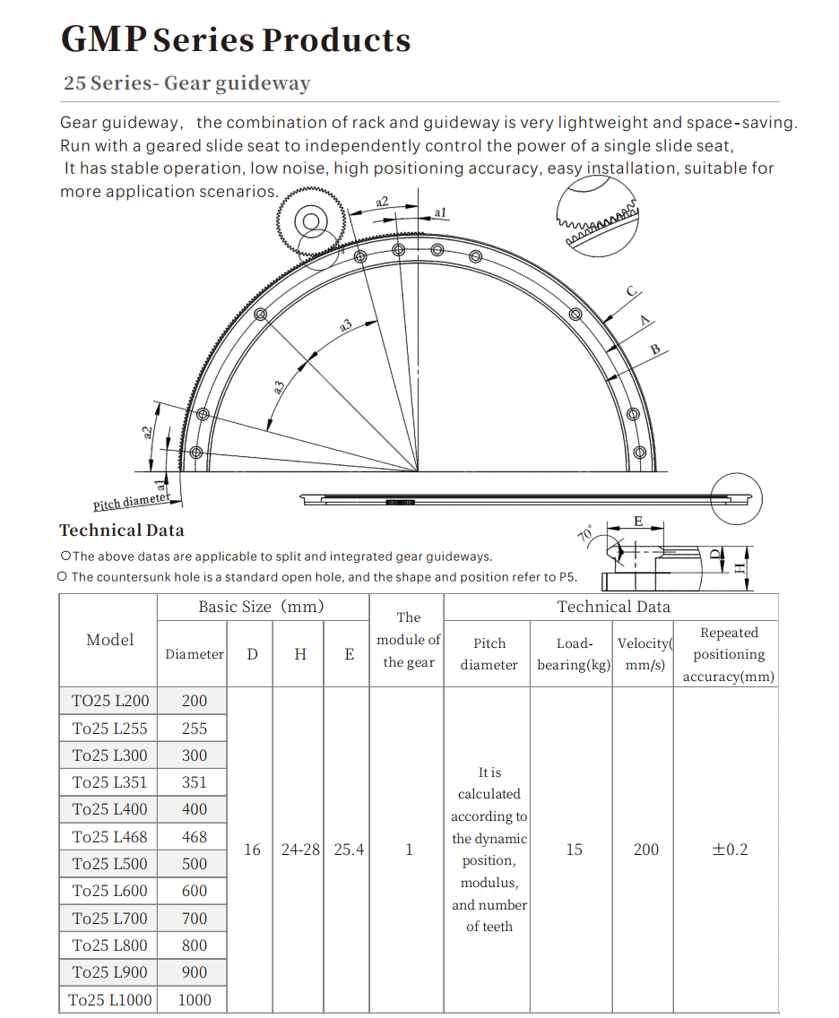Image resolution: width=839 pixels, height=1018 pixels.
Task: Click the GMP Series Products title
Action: click(x=236, y=40)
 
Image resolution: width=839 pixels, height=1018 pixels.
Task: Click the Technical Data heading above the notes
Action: click(x=122, y=531)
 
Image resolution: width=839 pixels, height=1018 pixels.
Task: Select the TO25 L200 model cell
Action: click(x=110, y=701)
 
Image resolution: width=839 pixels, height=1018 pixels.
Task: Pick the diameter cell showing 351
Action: click(x=195, y=782)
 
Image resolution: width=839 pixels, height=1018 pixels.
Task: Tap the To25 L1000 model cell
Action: click(x=110, y=999)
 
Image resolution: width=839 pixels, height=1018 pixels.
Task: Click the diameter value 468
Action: click(x=195, y=837)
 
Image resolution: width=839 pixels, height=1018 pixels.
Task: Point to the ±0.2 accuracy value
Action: click(x=729, y=850)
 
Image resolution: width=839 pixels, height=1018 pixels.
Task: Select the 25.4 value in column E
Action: click(x=349, y=850)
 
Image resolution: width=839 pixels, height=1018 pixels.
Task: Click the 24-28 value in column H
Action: click(x=300, y=850)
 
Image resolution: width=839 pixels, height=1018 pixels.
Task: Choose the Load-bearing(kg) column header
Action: click(x=574, y=654)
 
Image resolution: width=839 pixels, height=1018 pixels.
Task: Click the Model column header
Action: click(x=110, y=640)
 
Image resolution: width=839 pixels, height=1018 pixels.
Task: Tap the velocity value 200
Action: click(x=646, y=850)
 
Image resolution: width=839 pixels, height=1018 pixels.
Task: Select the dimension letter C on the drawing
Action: click(x=631, y=291)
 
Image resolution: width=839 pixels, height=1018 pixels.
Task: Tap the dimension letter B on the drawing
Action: click(x=655, y=349)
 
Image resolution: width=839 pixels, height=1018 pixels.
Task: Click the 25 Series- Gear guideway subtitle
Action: click(x=186, y=83)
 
